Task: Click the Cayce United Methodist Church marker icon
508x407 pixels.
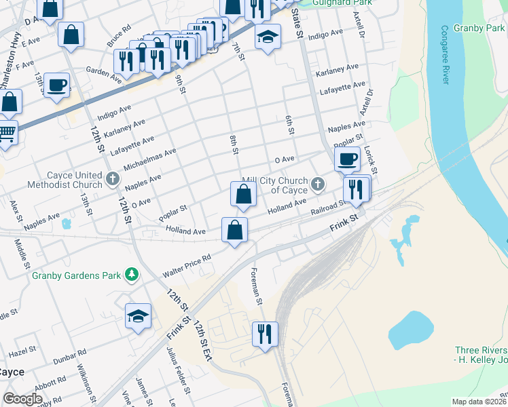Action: [x=113, y=180]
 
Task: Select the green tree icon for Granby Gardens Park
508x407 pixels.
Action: [x=130, y=275]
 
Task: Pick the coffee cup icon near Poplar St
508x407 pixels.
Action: [x=347, y=159]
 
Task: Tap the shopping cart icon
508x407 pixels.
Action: [x=6, y=132]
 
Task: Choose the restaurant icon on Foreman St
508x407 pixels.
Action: [x=265, y=334]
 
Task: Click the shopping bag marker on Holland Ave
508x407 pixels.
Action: [x=234, y=230]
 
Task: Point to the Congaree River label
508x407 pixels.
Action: [x=446, y=55]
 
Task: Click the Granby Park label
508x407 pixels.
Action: [x=481, y=28]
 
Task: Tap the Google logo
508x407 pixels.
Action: [x=23, y=399]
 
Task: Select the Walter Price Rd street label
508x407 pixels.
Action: [x=187, y=266]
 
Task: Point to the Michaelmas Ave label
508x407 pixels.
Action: [x=153, y=160]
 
